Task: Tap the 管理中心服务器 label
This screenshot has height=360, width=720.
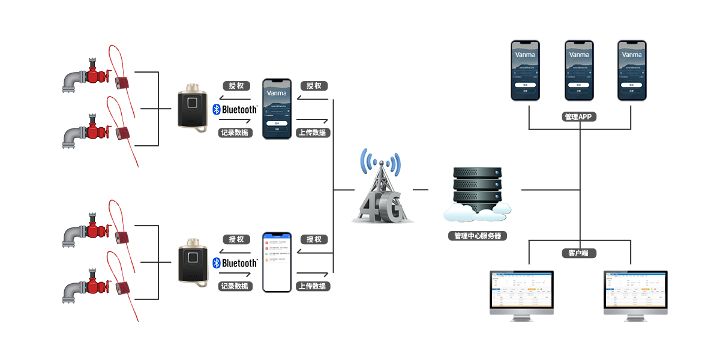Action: click(478, 236)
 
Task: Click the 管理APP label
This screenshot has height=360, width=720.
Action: click(579, 116)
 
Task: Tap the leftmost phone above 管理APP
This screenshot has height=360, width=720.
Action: click(525, 70)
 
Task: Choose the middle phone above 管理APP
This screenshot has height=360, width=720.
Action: click(579, 70)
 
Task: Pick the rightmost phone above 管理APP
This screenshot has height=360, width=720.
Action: click(632, 70)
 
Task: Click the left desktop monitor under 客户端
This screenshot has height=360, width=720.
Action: click(521, 295)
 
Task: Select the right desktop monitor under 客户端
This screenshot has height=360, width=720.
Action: click(635, 295)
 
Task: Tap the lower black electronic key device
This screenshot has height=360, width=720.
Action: click(193, 262)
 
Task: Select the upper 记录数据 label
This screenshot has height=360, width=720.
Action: click(235, 133)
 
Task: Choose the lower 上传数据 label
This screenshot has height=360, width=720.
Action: click(312, 286)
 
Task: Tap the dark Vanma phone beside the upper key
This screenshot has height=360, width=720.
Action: click(277, 109)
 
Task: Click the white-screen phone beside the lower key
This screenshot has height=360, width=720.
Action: click(277, 262)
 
